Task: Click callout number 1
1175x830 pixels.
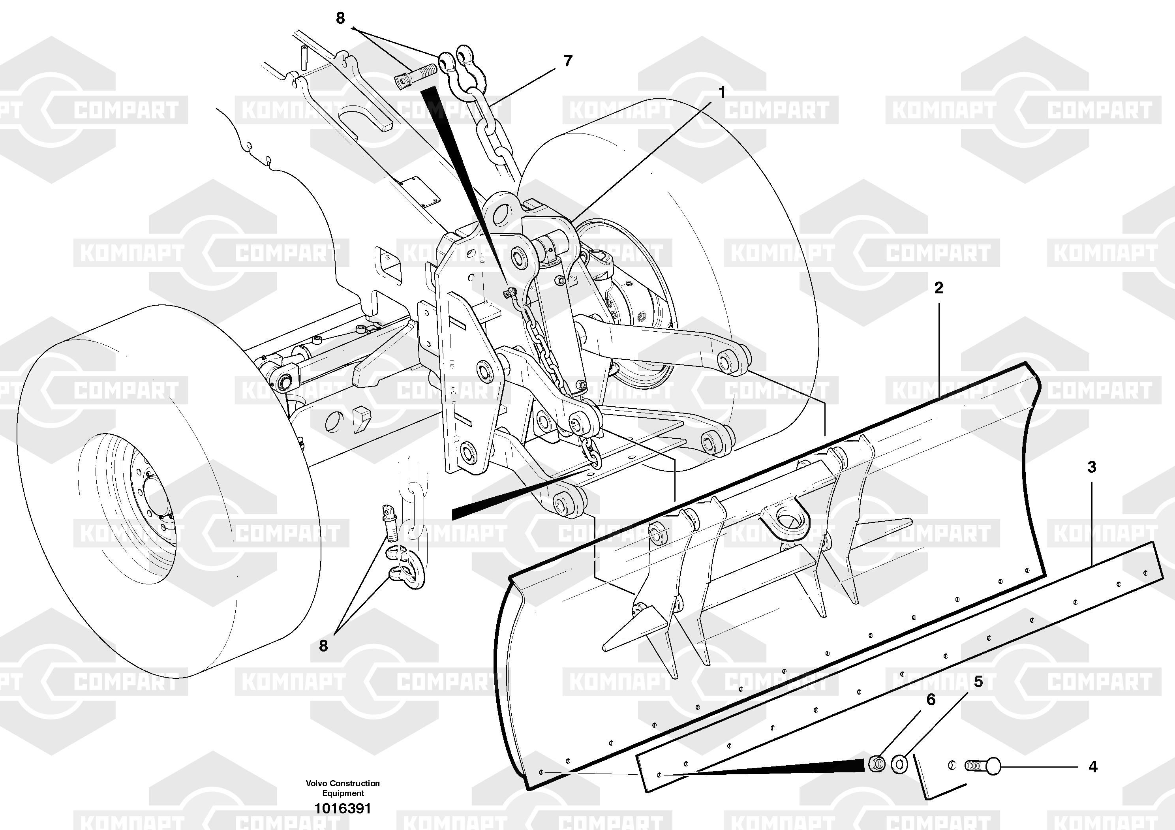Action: [722, 93]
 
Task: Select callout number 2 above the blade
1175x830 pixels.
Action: [938, 288]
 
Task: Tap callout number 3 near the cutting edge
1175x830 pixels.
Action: [1092, 467]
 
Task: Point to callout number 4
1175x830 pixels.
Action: [1092, 767]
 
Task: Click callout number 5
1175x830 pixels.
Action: [978, 682]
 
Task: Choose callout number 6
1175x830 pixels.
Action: [931, 700]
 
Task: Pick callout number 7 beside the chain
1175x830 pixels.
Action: [567, 61]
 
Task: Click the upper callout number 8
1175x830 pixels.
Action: [340, 19]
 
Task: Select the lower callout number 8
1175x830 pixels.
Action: [323, 646]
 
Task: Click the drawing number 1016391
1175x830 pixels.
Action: [342, 809]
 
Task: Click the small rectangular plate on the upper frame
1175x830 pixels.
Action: [419, 191]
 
